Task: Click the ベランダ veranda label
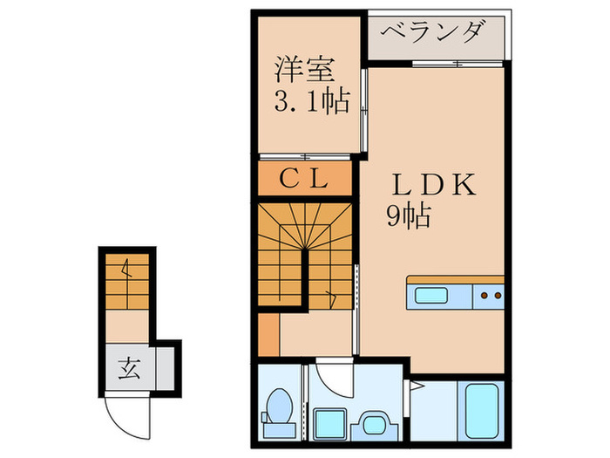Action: click(433, 32)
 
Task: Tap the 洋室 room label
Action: click(305, 70)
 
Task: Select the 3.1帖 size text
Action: click(312, 101)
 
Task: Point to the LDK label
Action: click(434, 184)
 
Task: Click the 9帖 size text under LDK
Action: click(409, 215)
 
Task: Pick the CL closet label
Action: click(303, 179)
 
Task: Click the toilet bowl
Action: click(280, 406)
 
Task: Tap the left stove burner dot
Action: click(484, 296)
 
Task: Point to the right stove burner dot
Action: click(498, 296)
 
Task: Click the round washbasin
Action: click(374, 423)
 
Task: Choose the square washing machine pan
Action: click(329, 425)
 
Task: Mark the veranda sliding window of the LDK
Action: click(457, 64)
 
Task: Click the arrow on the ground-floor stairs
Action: click(127, 268)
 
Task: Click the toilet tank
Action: click(280, 430)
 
